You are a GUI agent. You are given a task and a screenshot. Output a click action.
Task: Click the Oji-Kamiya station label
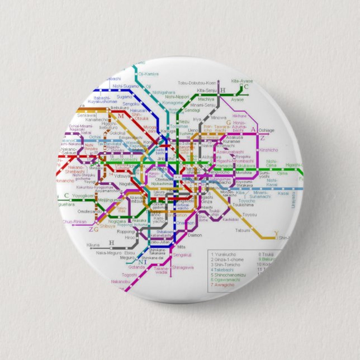coord(148,74)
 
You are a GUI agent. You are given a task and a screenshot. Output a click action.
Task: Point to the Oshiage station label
coord(266,130)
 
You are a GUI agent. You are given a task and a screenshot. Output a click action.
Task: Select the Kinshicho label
coord(268,150)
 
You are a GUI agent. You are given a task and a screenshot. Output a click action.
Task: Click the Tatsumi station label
coord(243,230)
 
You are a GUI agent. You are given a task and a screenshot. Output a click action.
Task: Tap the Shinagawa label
coord(183,268)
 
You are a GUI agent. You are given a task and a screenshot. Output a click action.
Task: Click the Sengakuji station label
coord(182,255)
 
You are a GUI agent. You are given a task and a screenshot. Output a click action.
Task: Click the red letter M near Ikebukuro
coord(120,116)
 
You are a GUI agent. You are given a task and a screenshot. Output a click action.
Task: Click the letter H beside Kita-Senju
coord(222,91)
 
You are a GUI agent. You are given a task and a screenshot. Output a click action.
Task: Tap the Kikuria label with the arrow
coord(93,245)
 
